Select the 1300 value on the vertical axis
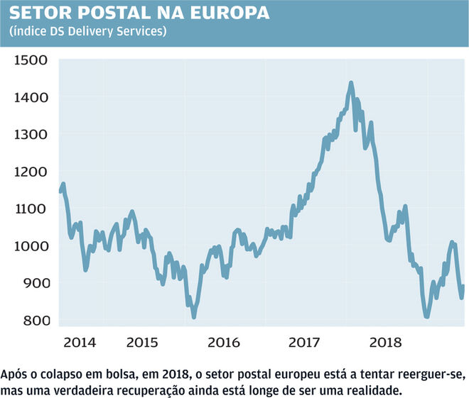coord(31,134)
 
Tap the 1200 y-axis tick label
coord(31,172)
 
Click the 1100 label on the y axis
coord(31,209)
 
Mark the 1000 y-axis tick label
coord(31,246)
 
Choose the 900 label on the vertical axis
coord(33,283)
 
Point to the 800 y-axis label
coord(33,320)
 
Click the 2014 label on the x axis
coord(80,343)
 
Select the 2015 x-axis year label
coord(143,343)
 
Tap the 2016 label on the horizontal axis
coord(225,343)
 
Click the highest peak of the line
coord(351,84)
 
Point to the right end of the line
coord(463,287)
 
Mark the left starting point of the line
coord(60,192)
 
